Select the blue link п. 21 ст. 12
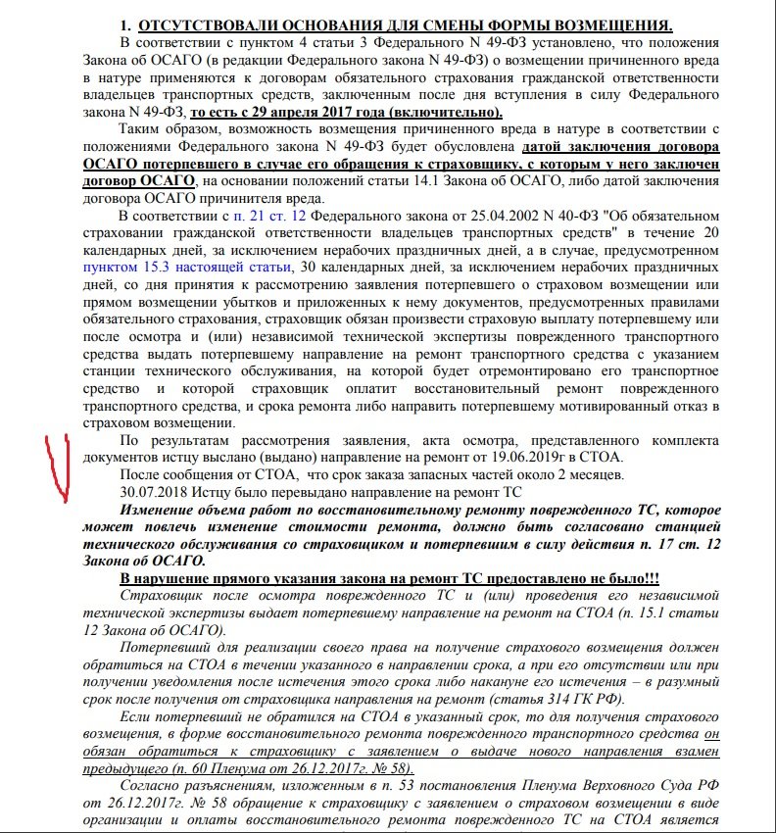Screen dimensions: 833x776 (277, 216)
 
